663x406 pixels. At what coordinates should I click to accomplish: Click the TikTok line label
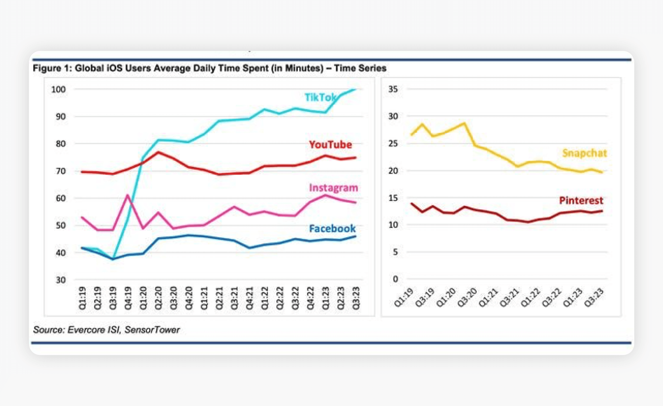coord(320,97)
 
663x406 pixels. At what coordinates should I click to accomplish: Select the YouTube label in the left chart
coord(330,145)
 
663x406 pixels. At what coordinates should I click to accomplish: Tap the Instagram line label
coord(333,188)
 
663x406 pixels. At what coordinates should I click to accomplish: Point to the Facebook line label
coord(332,229)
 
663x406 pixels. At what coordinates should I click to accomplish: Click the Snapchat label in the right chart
coord(584,153)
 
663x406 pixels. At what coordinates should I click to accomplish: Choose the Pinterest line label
coord(581,200)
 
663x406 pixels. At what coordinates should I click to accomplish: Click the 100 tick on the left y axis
coord(58,89)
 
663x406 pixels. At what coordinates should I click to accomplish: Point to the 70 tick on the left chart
coord(60,171)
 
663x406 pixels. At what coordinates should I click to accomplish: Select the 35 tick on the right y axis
coord(393,89)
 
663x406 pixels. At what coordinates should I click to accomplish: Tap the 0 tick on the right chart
coord(395,279)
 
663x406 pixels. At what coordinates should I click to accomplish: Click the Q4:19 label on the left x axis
coord(128,298)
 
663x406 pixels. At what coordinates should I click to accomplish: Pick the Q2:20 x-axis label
coord(158,298)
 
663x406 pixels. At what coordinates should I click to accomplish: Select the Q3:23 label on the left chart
coord(356,298)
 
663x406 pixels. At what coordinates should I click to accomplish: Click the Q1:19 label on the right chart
coord(403,297)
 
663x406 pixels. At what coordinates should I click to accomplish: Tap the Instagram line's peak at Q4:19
coord(128,195)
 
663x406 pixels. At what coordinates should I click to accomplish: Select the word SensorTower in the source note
coord(152,330)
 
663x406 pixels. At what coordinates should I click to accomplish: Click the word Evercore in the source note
coord(86,330)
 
